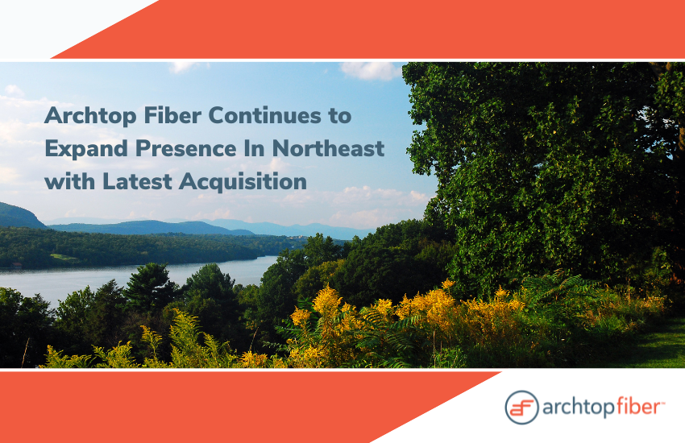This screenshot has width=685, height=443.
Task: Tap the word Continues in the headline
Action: pos(265,115)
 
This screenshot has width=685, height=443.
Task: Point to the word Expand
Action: pos(86,149)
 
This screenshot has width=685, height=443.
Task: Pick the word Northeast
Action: pos(329,148)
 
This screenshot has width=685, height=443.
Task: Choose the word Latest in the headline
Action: pos(138,181)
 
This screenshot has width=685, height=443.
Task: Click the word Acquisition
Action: pos(243,182)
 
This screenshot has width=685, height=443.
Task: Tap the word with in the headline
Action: pos(70,181)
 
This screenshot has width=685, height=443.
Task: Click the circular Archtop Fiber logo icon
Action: pos(521,408)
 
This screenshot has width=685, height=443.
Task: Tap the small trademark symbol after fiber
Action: pos(662,403)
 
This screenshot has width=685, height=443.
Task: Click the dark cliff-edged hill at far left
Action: pos(19,216)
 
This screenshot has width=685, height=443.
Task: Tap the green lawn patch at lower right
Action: pos(655,345)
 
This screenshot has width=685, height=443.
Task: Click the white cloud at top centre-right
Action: pos(371,71)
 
